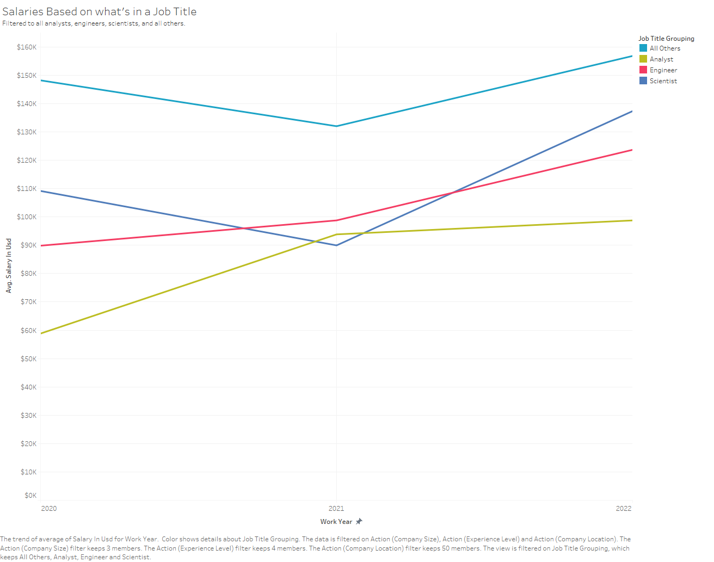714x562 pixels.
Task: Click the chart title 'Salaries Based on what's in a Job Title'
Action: [100, 11]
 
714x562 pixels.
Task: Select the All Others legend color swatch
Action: [643, 48]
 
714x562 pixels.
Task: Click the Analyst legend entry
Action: [661, 59]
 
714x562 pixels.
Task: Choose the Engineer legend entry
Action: [663, 70]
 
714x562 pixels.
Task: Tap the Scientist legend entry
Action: [663, 81]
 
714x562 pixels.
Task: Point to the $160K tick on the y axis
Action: [27, 47]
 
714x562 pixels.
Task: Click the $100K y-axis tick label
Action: [27, 217]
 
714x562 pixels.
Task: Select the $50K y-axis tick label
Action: [28, 359]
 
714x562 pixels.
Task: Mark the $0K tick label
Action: [30, 496]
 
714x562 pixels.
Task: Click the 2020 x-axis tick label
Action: [49, 509]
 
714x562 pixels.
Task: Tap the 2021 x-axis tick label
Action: [336, 509]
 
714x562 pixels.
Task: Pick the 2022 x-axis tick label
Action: [624, 509]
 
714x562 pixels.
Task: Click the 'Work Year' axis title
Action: [336, 522]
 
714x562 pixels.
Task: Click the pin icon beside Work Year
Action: [359, 522]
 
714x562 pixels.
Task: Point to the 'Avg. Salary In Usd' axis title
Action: [9, 265]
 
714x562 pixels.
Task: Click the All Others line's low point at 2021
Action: [337, 126]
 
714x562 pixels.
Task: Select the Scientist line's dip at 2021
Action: [337, 245]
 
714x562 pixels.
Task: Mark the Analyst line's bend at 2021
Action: [337, 234]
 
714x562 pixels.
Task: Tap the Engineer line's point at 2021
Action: [337, 220]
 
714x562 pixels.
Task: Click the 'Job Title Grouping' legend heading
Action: [666, 39]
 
